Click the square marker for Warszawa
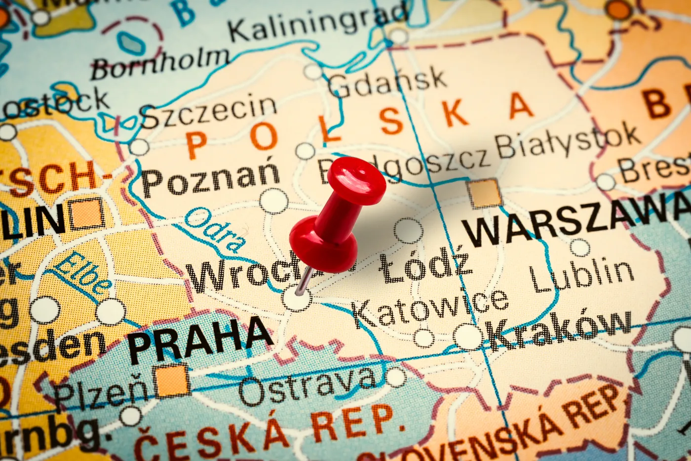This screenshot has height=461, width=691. pyautogui.click(x=485, y=193)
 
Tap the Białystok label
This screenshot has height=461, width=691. pyautogui.click(x=568, y=140)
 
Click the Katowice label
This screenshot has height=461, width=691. pyautogui.click(x=430, y=306)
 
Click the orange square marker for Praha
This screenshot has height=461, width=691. pyautogui.click(x=172, y=380)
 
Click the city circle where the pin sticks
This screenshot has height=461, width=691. pyautogui.click(x=297, y=298)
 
